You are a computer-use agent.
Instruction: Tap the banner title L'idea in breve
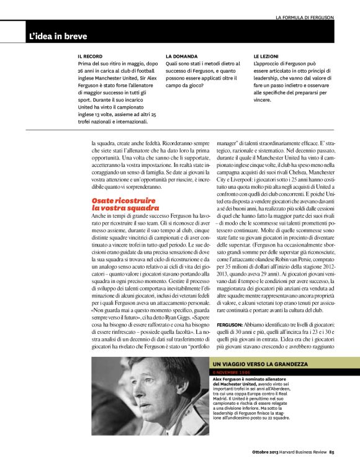58,37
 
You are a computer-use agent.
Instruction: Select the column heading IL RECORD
89,56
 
